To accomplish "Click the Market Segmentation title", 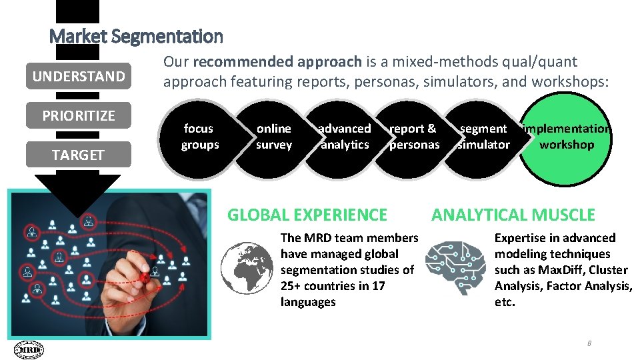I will coord(136,36).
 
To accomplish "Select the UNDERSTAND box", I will coord(79,76).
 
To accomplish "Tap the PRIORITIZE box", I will coord(79,115).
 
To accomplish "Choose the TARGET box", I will coord(79,155).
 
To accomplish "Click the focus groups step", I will coord(199,137).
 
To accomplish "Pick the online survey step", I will coord(274,137).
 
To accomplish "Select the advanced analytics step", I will coord(345,137).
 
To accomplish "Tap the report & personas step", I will coord(414,137).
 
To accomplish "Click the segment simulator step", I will coord(484,137).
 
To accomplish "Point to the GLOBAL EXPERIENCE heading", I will coord(307,215).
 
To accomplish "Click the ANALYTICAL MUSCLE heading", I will coord(513,215).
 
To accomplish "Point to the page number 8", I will coord(589,343).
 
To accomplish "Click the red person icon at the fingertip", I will coord(143,277).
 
